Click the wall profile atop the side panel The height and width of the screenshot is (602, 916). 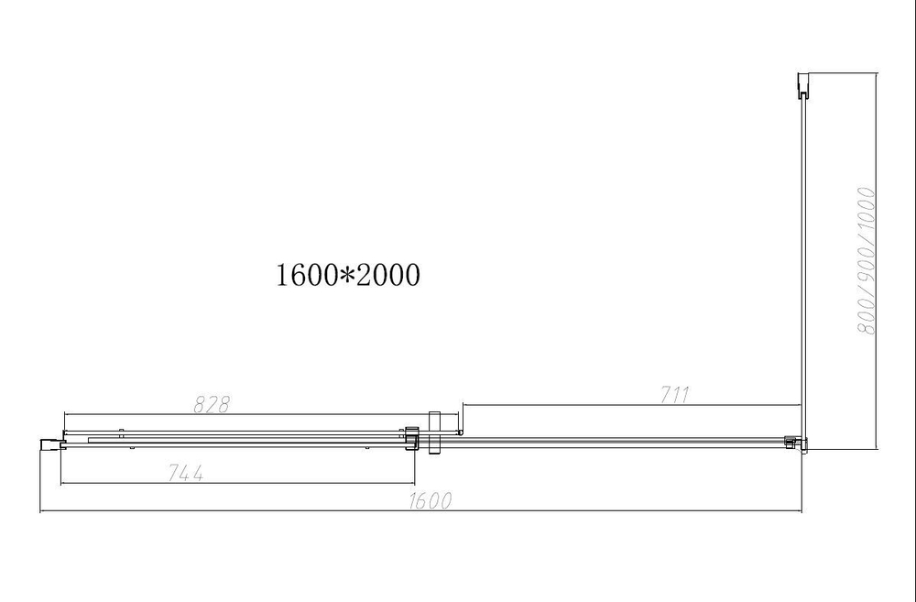(803, 86)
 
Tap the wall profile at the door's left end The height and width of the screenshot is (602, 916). (49, 444)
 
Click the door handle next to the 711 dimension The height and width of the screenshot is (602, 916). (435, 432)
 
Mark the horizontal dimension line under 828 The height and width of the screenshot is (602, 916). (238, 415)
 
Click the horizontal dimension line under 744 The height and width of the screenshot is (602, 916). (238, 484)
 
